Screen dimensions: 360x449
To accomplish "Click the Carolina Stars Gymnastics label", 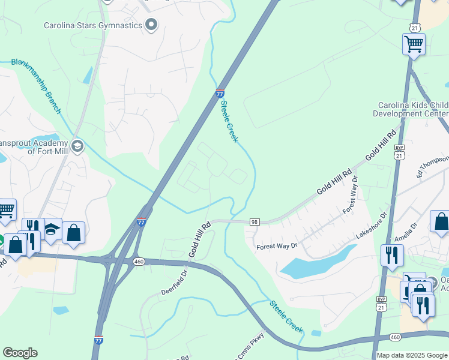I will coord(93,25).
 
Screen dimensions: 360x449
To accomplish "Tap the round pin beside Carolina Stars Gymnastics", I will coord(151,25).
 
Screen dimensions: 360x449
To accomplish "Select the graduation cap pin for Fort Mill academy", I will coord(77,146).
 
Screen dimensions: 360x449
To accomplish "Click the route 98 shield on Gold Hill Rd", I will coord(254,222).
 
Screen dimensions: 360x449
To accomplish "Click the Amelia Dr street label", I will coord(406,235).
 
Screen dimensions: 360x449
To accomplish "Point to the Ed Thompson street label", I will coord(432,166).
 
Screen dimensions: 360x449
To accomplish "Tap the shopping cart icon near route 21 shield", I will coord(414,44).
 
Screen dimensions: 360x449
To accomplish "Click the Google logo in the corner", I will coord(20,353).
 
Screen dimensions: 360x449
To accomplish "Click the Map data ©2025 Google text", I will coord(412,355).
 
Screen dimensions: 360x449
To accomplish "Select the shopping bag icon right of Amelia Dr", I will coord(441,221).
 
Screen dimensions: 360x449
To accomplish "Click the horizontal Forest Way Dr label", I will coord(277,245).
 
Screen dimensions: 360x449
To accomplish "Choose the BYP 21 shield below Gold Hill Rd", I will coord(399,152).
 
